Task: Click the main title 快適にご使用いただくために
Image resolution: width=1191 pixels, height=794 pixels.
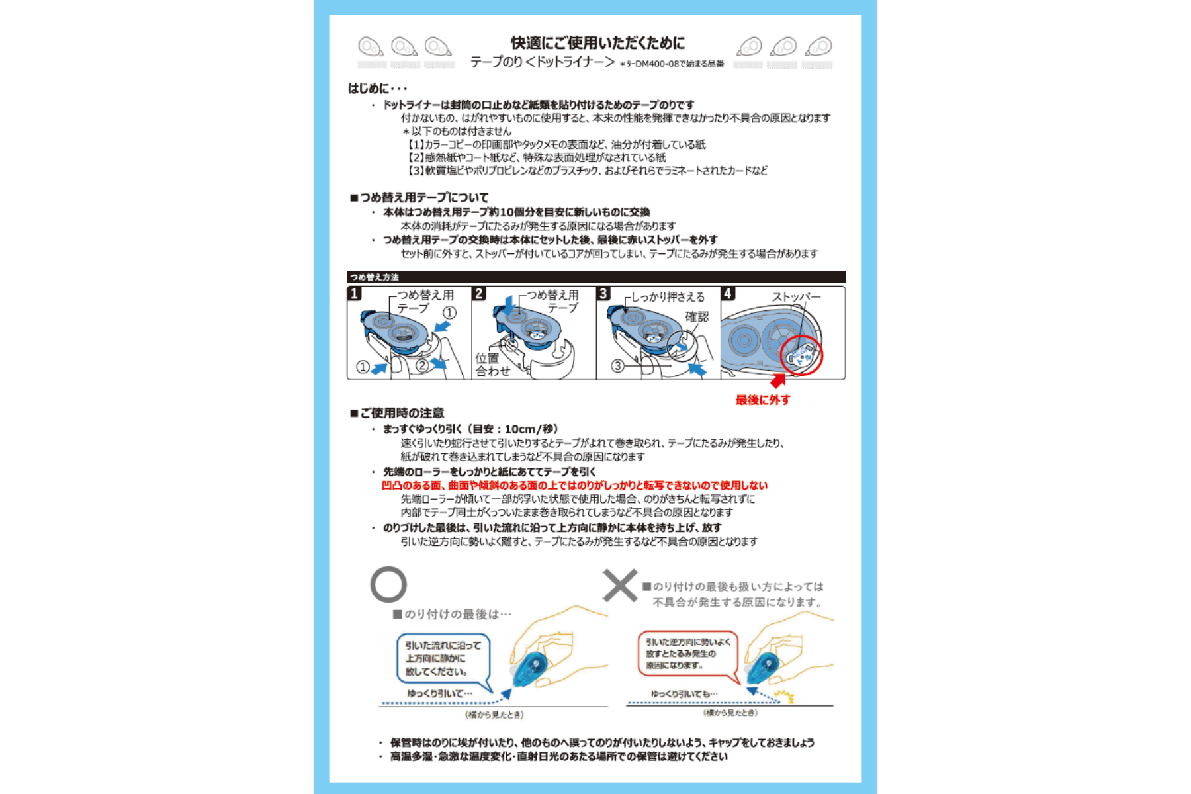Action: pyautogui.click(x=597, y=43)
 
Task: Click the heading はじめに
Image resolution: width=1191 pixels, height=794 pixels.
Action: pyautogui.click(x=378, y=89)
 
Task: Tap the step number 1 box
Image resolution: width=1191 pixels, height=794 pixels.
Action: pyautogui.click(x=355, y=293)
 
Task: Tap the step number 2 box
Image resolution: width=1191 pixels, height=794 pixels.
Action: pyautogui.click(x=480, y=293)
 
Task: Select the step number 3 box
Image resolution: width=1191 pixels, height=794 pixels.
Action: pyautogui.click(x=603, y=293)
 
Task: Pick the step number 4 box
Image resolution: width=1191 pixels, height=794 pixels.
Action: pyautogui.click(x=728, y=293)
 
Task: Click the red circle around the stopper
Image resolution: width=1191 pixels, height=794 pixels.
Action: pyautogui.click(x=801, y=355)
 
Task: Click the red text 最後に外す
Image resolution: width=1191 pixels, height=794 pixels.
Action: pyautogui.click(x=763, y=400)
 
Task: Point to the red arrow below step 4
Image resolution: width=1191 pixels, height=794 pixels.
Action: pyautogui.click(x=778, y=381)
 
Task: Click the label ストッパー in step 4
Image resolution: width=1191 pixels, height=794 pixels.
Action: pyautogui.click(x=796, y=297)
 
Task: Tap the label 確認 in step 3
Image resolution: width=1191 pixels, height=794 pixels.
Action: pyautogui.click(x=697, y=317)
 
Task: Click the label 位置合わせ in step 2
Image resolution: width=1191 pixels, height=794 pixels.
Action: pyautogui.click(x=492, y=365)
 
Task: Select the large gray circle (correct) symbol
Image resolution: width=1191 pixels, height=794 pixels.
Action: pyautogui.click(x=388, y=584)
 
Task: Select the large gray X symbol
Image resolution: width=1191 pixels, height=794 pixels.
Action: pyautogui.click(x=620, y=585)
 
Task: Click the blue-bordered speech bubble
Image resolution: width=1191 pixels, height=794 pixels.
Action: pyautogui.click(x=443, y=658)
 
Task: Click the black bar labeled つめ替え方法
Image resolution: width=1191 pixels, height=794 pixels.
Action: pyautogui.click(x=595, y=277)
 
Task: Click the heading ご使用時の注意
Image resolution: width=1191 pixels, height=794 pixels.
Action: pyautogui.click(x=397, y=413)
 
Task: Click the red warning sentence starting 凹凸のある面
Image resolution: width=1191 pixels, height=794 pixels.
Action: pyautogui.click(x=574, y=486)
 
